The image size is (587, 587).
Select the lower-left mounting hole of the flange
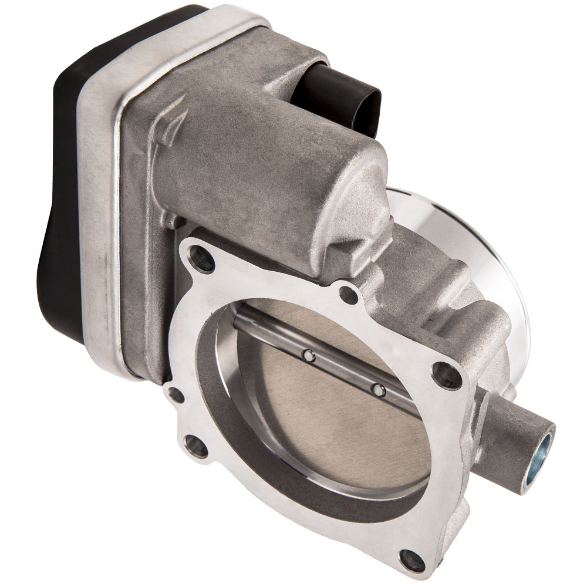pos(195,446)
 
